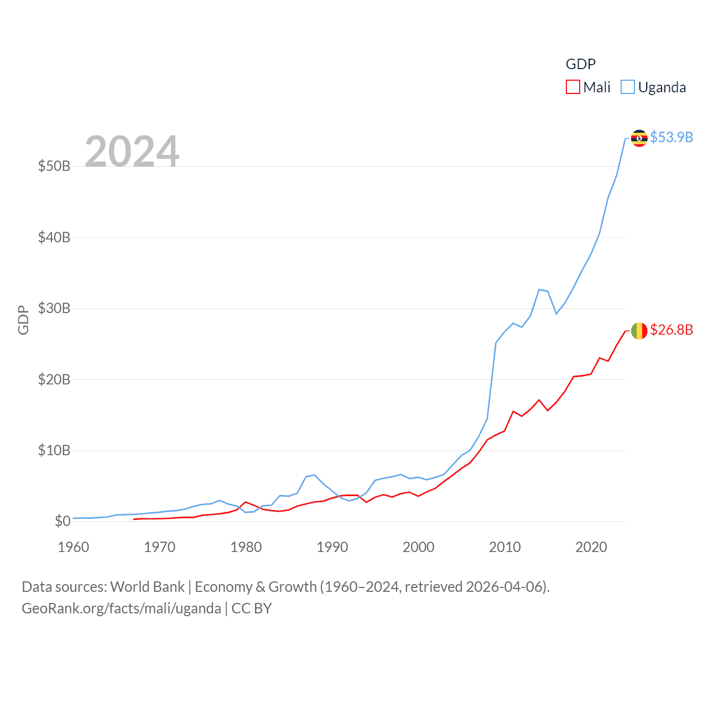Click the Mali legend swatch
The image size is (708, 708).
coord(572,87)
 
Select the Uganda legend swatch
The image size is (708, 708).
coord(627,87)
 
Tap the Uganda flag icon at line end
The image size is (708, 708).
coord(639,138)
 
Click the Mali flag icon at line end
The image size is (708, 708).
coord(639,331)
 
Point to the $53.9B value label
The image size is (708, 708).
coord(671,137)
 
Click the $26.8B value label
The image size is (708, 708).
coord(671,330)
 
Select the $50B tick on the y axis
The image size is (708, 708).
coord(54,166)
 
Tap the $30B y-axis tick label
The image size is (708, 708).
coord(54,308)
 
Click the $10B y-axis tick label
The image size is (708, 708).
coord(54,450)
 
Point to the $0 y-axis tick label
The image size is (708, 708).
coord(62,521)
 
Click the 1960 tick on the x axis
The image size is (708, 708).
coord(73,547)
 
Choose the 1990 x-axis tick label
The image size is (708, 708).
coord(332,547)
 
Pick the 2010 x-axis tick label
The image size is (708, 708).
coord(504,547)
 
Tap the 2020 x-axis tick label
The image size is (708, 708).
coord(591,547)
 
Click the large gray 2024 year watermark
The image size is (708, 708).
coord(132,151)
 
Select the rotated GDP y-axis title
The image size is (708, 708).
coord(23,320)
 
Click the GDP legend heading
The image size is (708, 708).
coord(580,64)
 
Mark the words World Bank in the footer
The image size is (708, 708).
coord(147,587)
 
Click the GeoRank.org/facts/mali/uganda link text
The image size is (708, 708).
coord(121,608)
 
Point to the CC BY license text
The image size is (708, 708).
coord(252,608)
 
